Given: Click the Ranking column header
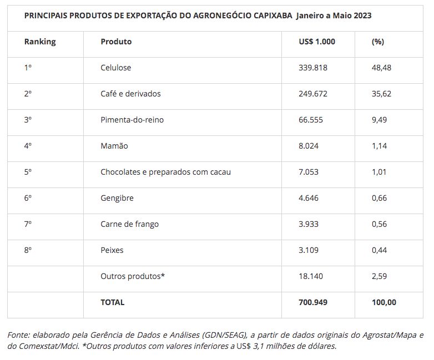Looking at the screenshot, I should click(x=40, y=42).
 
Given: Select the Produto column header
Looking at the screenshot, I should click(x=116, y=42).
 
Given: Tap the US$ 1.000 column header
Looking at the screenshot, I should click(x=317, y=42).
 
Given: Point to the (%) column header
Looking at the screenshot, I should click(x=378, y=42).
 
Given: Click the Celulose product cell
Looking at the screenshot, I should click(x=115, y=68).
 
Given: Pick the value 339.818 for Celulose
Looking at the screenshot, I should click(x=313, y=68).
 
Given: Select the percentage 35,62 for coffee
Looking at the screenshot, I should click(x=381, y=94).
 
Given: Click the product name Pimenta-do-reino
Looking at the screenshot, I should click(x=132, y=120).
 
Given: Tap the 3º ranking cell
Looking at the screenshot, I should click(x=28, y=120).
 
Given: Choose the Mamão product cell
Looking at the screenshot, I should click(x=114, y=146).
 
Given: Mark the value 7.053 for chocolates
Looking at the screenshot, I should click(x=309, y=172).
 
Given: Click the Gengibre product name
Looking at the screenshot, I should click(x=117, y=198).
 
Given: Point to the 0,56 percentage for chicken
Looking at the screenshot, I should click(x=379, y=224).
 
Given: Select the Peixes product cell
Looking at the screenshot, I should click(x=112, y=250).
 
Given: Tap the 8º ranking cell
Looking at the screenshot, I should click(x=28, y=250).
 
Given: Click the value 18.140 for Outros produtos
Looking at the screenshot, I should click(x=311, y=276).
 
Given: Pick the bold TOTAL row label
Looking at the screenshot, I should click(x=112, y=302).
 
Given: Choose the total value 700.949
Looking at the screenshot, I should click(x=313, y=302).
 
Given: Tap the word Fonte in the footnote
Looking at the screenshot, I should click(x=18, y=335).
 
